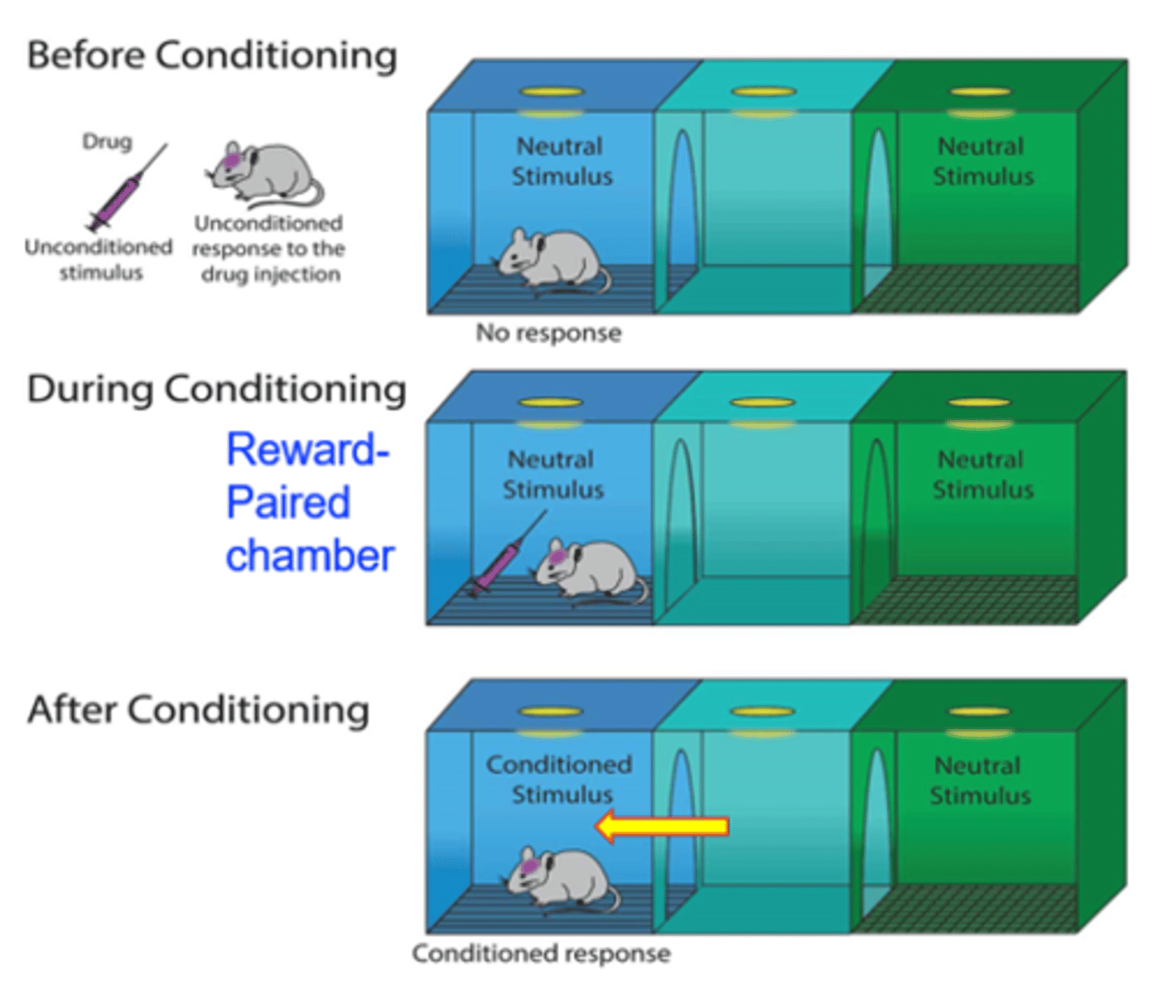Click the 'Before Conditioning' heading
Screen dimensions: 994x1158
[x=212, y=56]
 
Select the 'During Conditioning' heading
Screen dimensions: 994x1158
[x=216, y=389]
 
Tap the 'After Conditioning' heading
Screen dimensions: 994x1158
[x=198, y=710]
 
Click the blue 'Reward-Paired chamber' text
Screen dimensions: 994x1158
[x=308, y=503]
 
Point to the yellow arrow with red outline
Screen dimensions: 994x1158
[x=662, y=826]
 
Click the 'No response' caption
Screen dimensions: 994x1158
[x=548, y=333]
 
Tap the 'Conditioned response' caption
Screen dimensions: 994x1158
[x=541, y=953]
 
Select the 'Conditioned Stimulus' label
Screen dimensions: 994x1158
[x=560, y=779]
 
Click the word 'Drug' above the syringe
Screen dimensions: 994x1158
[x=107, y=142]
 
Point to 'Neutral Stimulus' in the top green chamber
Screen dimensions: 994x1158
[x=982, y=162]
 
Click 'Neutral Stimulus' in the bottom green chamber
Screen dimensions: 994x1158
[x=979, y=780]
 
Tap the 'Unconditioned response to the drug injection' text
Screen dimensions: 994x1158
[x=268, y=248]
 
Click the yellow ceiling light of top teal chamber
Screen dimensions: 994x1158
[x=764, y=92]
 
